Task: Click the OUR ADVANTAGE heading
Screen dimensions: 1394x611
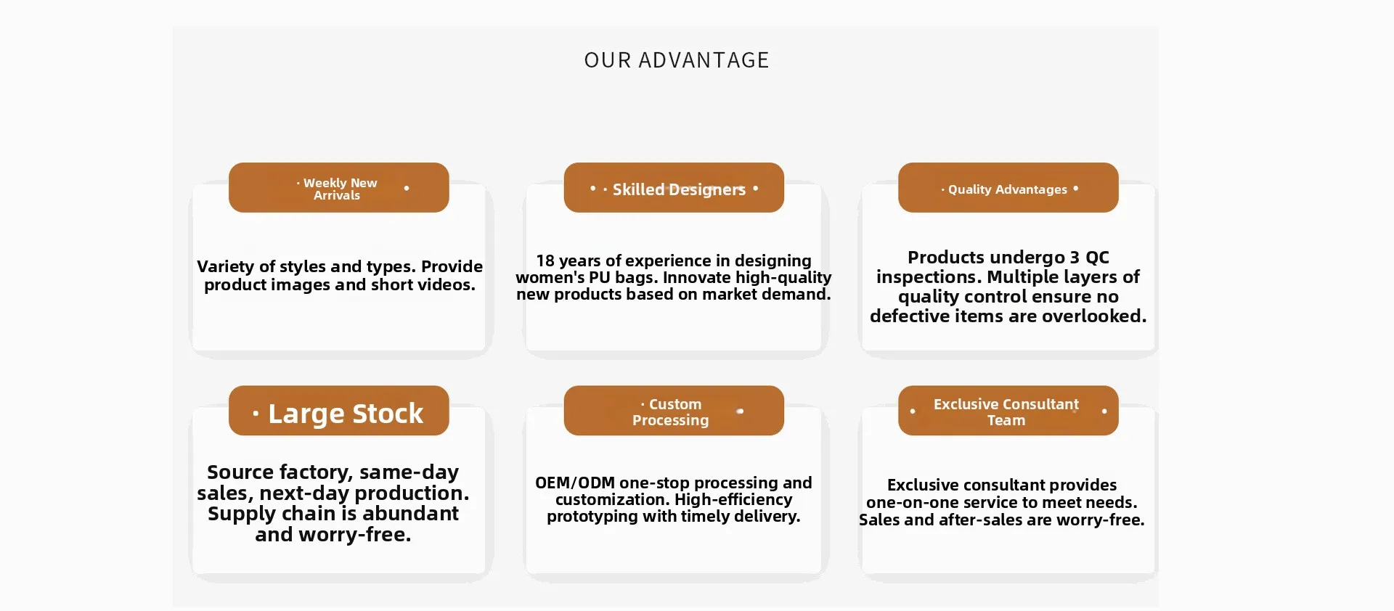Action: pos(676,60)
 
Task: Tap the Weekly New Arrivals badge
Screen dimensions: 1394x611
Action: pos(338,188)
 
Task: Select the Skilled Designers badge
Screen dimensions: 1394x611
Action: pos(674,188)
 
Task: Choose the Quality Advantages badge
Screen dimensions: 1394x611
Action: pos(1008,188)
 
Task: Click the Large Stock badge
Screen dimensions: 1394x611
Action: pos(338,411)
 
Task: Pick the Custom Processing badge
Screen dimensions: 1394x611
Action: pos(674,411)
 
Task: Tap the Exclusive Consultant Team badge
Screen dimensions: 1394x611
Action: pos(1008,411)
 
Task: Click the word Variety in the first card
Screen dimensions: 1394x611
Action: pos(225,267)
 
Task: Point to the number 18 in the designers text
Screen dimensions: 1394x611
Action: pos(545,261)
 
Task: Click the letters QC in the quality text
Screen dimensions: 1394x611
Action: pos(1097,258)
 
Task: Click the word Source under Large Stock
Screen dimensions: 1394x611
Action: pos(240,472)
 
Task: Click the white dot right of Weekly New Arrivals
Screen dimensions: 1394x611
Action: pos(407,188)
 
